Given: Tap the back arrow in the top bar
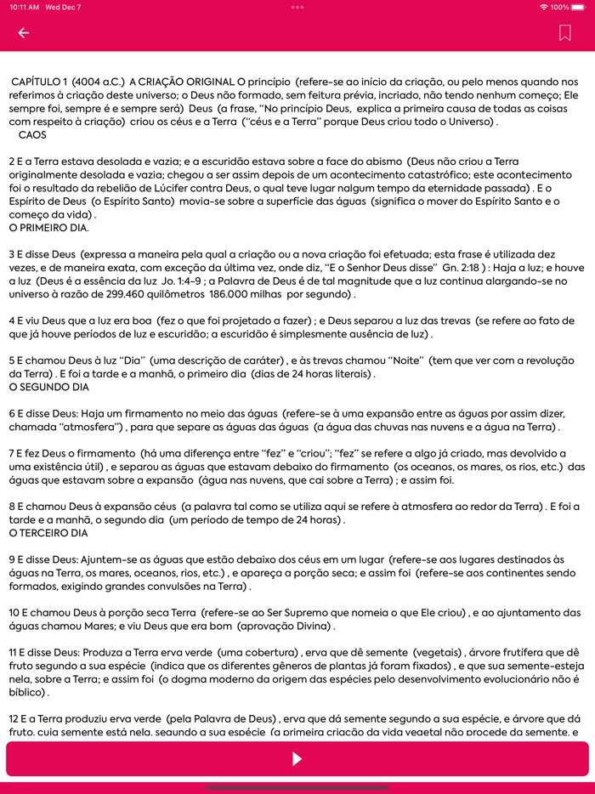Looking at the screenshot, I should point(23,33).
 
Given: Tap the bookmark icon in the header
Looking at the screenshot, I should point(565,33).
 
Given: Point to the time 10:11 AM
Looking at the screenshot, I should point(24,7).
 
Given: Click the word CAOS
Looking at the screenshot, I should point(32,134).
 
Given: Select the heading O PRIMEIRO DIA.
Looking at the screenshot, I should point(48,228).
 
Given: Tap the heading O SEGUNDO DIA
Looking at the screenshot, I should point(48,387).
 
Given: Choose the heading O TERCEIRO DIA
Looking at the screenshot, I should point(48,533).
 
